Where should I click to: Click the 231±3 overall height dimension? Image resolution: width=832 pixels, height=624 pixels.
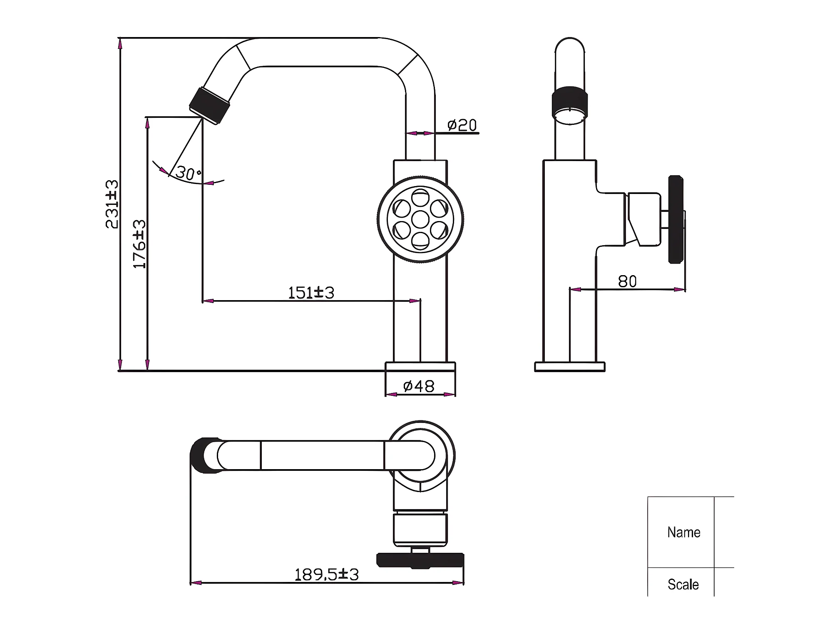tap(112, 204)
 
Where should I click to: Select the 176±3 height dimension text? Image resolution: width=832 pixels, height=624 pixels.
tap(139, 244)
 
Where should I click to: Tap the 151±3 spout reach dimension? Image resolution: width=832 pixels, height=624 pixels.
tap(311, 293)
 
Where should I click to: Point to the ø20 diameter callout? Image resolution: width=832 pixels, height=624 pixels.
tap(462, 125)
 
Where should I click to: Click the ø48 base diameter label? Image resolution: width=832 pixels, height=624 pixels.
tap(419, 386)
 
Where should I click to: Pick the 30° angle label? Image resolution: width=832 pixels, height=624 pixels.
tap(189, 173)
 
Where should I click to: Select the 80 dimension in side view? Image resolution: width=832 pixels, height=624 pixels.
tap(627, 282)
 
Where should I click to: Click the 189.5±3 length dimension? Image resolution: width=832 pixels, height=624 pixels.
tap(326, 574)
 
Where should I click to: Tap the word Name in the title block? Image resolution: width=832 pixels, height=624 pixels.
tap(684, 532)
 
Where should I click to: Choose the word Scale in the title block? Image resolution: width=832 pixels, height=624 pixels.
tap(683, 584)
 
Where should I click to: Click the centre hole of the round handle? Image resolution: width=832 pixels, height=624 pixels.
tap(420, 219)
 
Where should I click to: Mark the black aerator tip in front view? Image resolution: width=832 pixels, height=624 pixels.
tap(209, 105)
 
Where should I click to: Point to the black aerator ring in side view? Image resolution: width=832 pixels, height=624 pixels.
tap(570, 102)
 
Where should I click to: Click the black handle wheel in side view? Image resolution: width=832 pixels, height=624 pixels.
tap(676, 219)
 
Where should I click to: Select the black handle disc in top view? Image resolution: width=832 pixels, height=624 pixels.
tap(420, 560)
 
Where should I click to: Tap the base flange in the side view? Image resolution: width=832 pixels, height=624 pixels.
tap(570, 367)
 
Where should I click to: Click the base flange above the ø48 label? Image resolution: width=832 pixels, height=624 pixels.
tap(420, 367)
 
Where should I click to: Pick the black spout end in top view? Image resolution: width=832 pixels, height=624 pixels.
tap(204, 455)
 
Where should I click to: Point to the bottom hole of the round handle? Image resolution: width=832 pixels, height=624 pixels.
tap(420, 241)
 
